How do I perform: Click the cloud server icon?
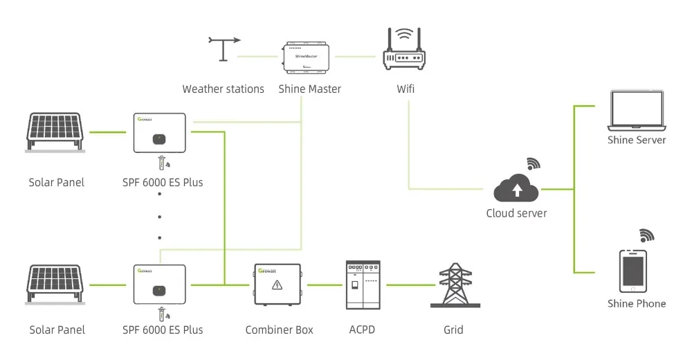(516, 188)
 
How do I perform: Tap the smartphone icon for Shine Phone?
(632, 271)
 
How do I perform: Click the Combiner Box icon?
(278, 285)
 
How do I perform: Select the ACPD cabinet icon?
(363, 286)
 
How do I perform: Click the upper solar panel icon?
(56, 132)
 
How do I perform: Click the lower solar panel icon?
(56, 285)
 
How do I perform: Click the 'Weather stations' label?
(223, 89)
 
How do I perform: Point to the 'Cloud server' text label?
(516, 213)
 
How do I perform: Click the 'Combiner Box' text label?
(279, 330)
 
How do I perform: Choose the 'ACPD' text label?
(362, 330)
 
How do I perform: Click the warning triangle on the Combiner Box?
(277, 285)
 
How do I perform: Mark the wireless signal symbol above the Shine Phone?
(646, 235)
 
